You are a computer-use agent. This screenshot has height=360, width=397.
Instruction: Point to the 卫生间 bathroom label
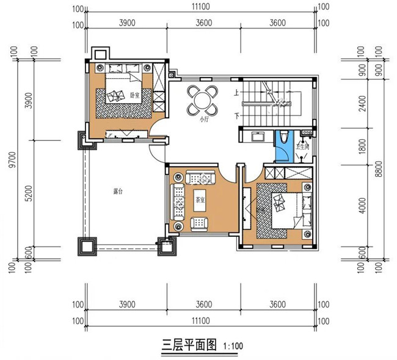pyautogui.click(x=303, y=146)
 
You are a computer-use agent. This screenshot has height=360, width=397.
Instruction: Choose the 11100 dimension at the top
pyautogui.click(x=202, y=7)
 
